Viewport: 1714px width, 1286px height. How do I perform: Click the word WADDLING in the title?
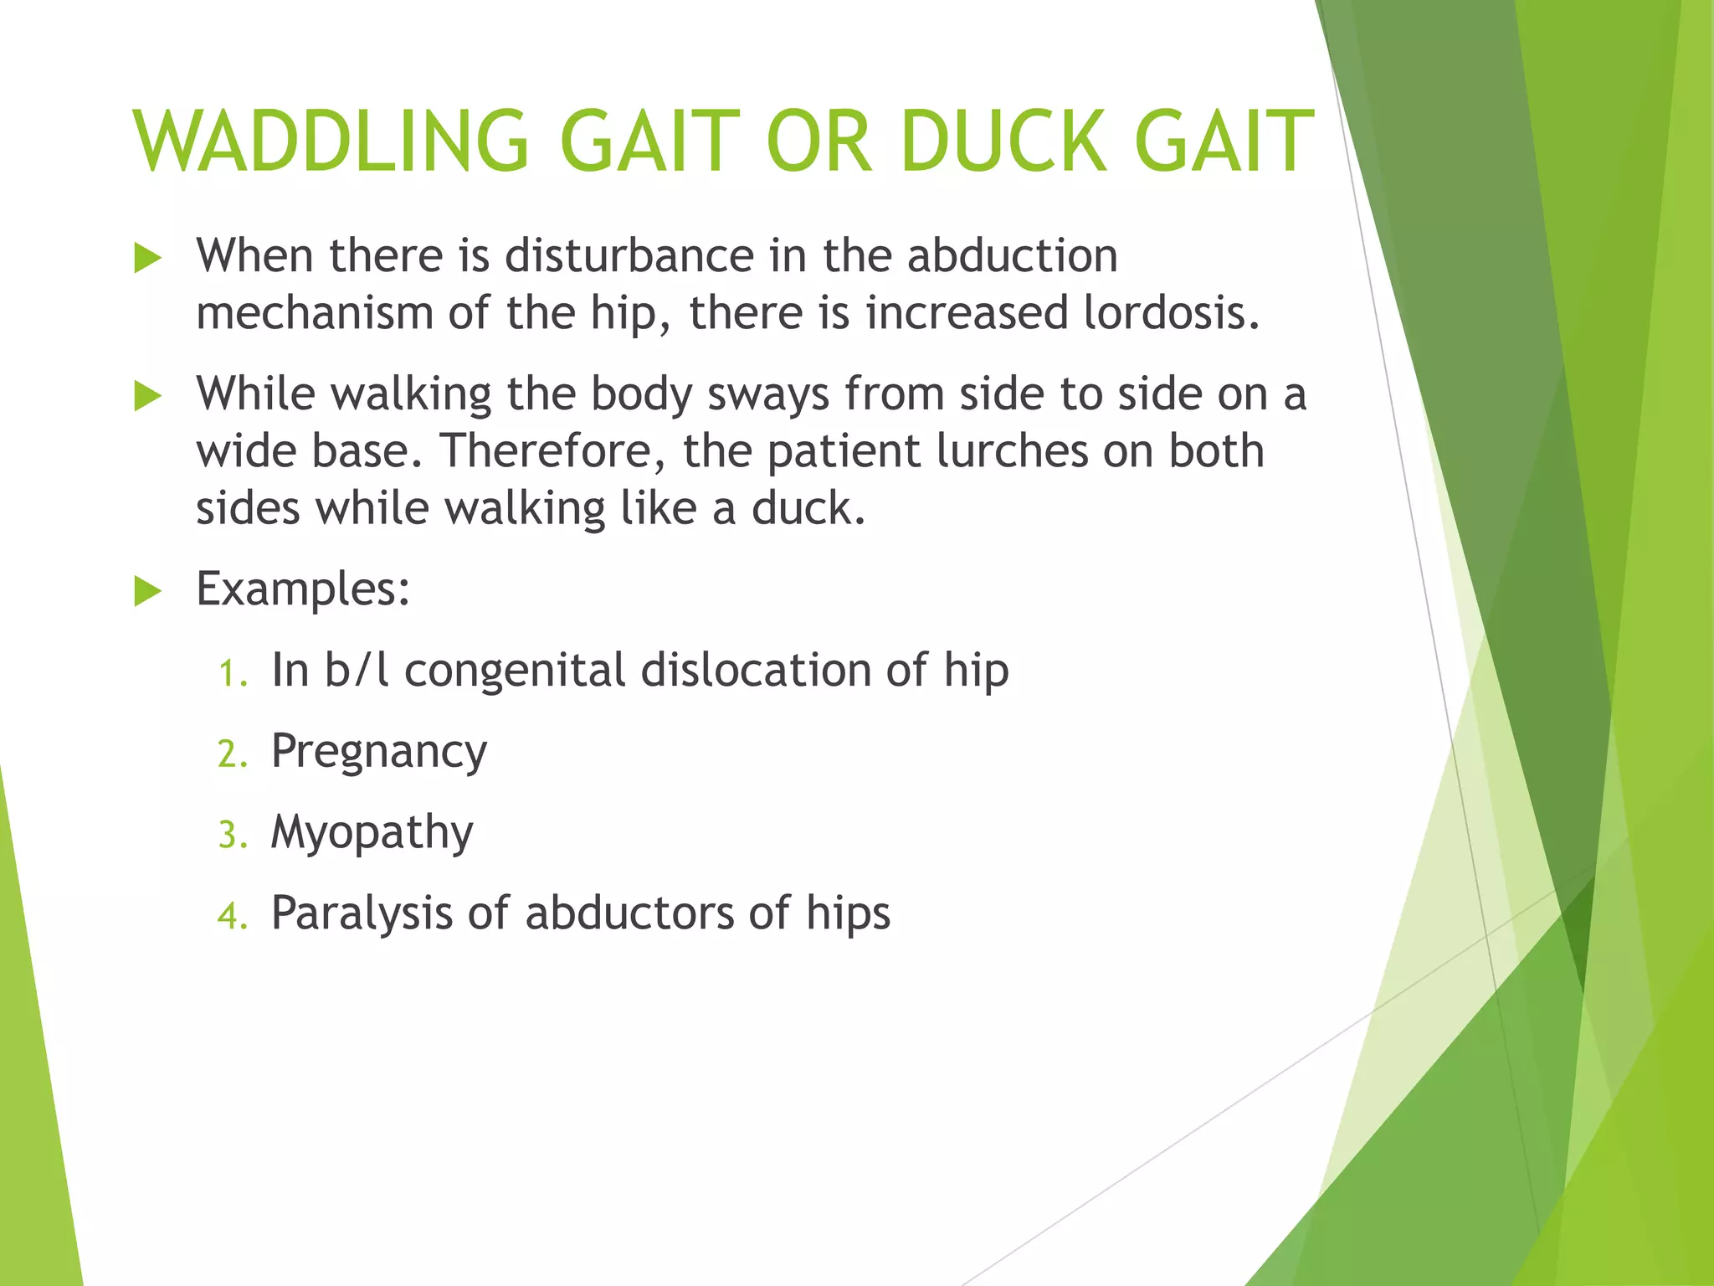pos(331,142)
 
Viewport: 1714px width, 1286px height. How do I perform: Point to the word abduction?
pos(1012,255)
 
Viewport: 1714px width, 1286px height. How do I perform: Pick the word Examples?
pos(302,589)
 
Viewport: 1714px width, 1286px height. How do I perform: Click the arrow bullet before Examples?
pos(147,592)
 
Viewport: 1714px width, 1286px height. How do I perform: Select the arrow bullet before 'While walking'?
pos(147,397)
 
